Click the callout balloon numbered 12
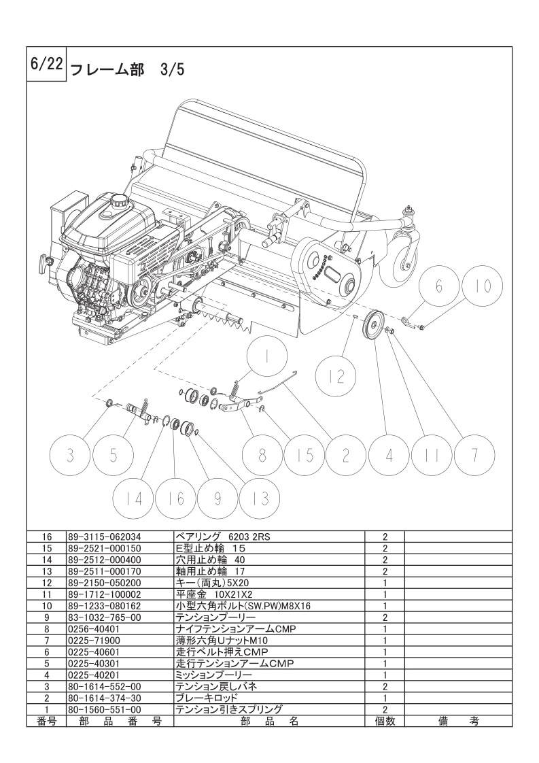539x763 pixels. [336, 375]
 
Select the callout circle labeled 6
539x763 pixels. [438, 286]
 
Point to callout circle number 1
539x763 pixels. [266, 357]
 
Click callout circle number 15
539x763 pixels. [305, 456]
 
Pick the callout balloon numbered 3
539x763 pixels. [71, 456]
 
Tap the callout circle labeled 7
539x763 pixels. [474, 456]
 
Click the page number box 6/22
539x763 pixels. [46, 65]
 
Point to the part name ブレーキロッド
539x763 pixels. [207, 698]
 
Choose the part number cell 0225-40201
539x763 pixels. [94, 675]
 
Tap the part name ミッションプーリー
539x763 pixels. [213, 675]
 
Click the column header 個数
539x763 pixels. [384, 721]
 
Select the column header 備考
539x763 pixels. [458, 721]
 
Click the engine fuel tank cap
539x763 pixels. [119, 200]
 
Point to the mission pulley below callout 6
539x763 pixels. [373, 325]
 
